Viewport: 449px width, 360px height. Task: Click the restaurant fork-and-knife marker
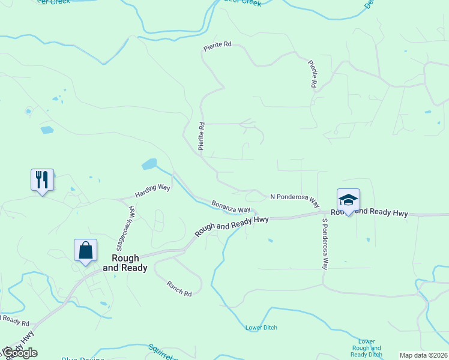point(42,180)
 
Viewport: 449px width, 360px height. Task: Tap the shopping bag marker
point(85,250)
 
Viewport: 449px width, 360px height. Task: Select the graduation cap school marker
point(348,200)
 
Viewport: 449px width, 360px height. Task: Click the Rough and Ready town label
point(125,263)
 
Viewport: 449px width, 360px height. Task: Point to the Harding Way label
point(152,191)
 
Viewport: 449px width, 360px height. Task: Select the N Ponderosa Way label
point(294,197)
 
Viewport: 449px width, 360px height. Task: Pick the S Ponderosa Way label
point(325,244)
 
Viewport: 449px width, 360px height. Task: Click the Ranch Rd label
point(179,289)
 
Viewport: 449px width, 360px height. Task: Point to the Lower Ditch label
point(261,328)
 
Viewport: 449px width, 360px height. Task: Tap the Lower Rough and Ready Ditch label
point(366,348)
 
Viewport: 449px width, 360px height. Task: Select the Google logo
point(19,353)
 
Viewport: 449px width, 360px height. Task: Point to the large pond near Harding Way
point(149,164)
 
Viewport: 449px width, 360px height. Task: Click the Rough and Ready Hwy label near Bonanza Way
point(231,226)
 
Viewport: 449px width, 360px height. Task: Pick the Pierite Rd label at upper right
point(312,74)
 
